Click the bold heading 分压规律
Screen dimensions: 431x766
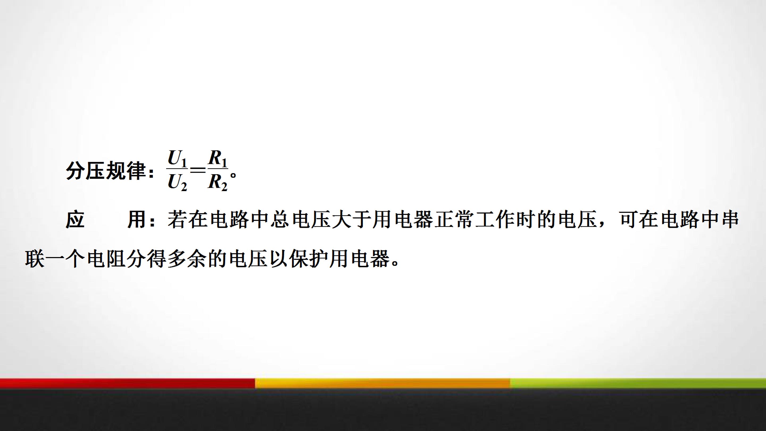[x=106, y=171]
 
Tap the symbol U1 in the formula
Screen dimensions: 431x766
[x=177, y=158]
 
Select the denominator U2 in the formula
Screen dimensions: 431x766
[x=177, y=182]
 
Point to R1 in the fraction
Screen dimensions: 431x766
[x=217, y=158]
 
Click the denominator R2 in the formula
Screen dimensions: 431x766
[x=217, y=182]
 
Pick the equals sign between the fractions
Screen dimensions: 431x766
[x=197, y=171]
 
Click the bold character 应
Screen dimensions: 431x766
[x=75, y=220]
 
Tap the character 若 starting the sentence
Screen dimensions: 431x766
[x=177, y=220]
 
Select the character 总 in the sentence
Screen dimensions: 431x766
[x=280, y=220]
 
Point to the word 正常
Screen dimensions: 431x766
[x=454, y=220]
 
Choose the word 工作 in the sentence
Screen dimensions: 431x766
[x=495, y=220]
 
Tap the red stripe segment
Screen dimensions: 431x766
[x=127, y=383]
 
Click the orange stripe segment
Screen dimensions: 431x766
[x=382, y=383]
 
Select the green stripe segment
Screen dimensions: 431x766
[x=638, y=383]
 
